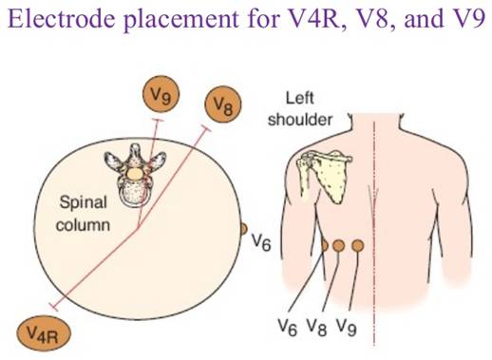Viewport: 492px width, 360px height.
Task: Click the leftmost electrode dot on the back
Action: click(x=324, y=245)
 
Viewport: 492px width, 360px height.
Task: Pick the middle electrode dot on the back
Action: click(x=340, y=245)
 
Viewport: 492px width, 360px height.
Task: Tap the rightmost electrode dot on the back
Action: click(x=357, y=245)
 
